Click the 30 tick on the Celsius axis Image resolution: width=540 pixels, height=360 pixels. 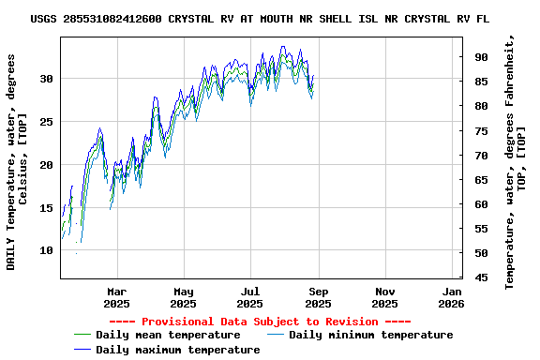tap(47, 79)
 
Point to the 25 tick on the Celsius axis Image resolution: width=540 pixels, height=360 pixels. tap(47, 122)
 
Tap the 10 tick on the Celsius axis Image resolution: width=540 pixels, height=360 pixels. tap(47, 251)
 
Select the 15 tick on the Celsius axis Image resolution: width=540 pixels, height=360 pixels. tap(47, 208)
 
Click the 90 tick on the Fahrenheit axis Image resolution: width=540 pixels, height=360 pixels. tap(481, 57)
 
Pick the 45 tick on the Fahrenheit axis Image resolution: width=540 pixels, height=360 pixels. tap(481, 277)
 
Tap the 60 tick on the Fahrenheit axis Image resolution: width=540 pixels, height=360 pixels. tap(481, 204)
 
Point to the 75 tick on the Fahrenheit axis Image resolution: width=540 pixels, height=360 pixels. tap(481, 130)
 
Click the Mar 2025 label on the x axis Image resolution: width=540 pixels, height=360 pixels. tap(116, 297)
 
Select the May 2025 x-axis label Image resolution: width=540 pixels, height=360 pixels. tap(183, 297)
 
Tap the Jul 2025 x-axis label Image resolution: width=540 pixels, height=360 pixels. tap(250, 297)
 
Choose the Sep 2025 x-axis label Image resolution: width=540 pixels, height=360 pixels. tap(318, 297)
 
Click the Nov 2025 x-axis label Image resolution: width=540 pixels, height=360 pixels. tap(384, 297)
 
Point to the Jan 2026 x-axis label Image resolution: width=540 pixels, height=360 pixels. tap(452, 297)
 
